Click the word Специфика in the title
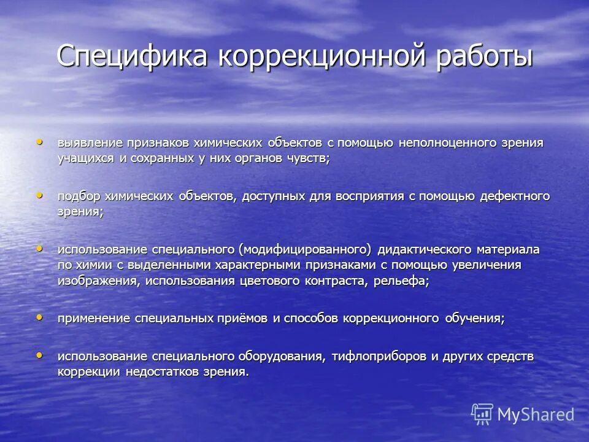pyautogui.click(x=134, y=56)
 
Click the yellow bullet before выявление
pyautogui.click(x=40, y=141)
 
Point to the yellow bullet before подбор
pyautogui.click(x=40, y=195)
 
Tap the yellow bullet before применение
pyautogui.click(x=40, y=317)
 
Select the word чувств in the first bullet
pyautogui.click(x=310, y=158)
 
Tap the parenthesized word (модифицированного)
pyautogui.click(x=305, y=250)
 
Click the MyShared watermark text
pyautogui.click(x=536, y=414)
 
